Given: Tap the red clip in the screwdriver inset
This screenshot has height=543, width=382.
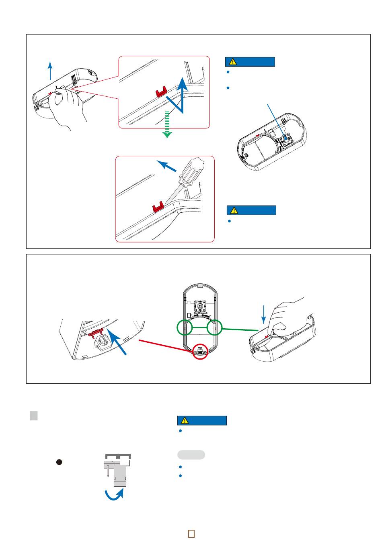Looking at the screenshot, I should click(158, 207).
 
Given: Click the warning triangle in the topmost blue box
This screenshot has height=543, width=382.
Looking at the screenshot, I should click(232, 62).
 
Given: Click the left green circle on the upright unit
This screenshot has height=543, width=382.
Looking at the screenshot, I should click(185, 328).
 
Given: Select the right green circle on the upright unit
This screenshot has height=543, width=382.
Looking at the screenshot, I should click(215, 328).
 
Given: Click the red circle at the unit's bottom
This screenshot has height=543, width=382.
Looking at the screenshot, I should click(200, 351).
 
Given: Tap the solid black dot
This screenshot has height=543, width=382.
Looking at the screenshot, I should click(59, 462).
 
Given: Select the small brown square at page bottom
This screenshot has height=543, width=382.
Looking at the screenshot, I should click(191, 533).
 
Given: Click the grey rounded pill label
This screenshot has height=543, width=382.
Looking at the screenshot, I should click(191, 455).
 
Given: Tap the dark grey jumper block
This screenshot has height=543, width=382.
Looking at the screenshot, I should click(120, 476).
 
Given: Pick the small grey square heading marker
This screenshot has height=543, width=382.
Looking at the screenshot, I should click(34, 415).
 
